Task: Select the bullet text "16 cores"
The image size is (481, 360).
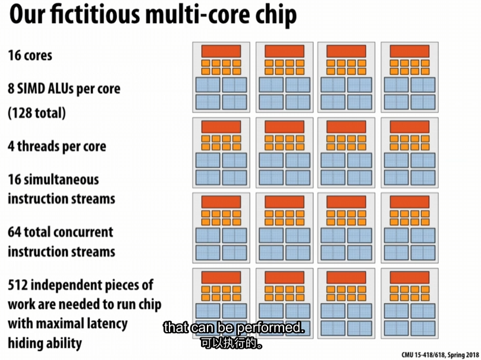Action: [30, 55]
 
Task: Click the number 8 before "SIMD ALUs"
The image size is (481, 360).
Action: [11, 89]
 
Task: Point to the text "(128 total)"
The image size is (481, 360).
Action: [36, 112]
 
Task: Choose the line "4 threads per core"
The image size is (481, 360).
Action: [56, 146]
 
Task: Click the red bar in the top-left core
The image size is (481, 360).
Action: [221, 51]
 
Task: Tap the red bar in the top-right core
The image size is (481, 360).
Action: [409, 51]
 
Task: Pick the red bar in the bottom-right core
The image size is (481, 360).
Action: [409, 278]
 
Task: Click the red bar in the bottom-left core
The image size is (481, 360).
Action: [221, 278]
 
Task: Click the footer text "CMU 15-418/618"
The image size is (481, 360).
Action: [423, 355]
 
